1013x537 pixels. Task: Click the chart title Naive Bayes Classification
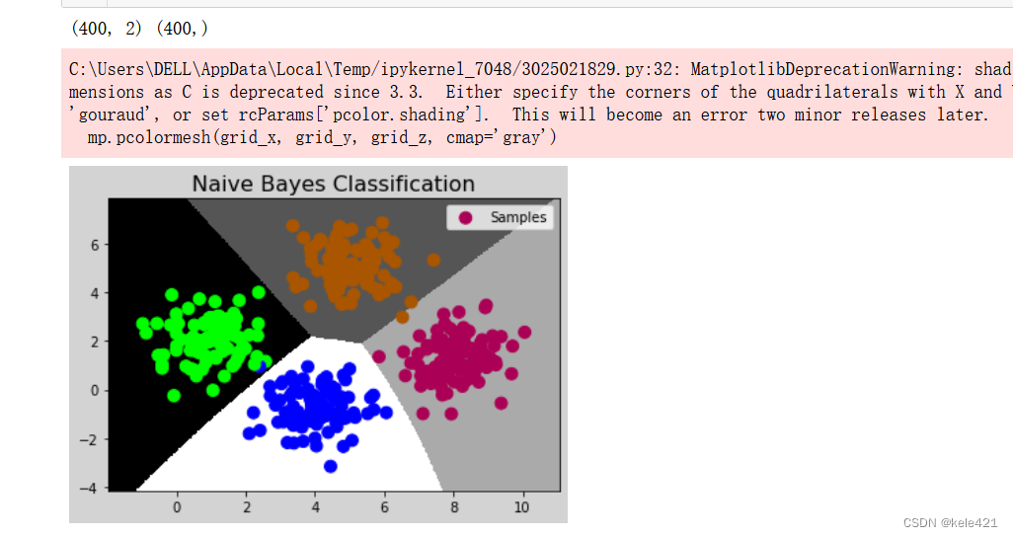[334, 185]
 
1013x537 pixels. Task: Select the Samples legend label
[518, 218]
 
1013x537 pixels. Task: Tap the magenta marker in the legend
[465, 218]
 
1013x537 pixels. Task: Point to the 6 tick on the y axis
[95, 245]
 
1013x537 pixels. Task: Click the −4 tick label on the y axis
[89, 488]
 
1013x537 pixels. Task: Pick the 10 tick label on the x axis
[521, 507]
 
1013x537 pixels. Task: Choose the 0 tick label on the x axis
[177, 507]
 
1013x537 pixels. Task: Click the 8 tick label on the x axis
[454, 507]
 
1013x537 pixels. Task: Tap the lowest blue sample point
[330, 466]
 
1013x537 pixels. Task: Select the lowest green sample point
[174, 395]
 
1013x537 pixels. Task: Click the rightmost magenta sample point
[524, 332]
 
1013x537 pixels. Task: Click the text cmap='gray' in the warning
[501, 137]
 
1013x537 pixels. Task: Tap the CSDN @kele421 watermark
[950, 523]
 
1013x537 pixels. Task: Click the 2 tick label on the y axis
[95, 342]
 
